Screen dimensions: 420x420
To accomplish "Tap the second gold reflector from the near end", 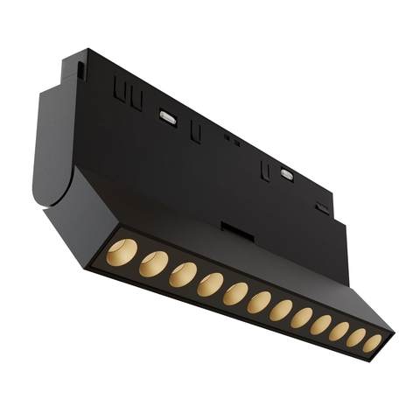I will pyautogui.click(x=154, y=262).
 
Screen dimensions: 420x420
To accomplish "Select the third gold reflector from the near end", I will pyautogui.click(x=183, y=274).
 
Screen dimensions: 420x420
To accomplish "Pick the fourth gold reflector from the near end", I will pyautogui.click(x=210, y=284).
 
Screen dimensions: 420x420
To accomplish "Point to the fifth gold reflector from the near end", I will pyautogui.click(x=235, y=294).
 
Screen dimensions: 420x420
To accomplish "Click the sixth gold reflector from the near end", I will pyautogui.click(x=259, y=303).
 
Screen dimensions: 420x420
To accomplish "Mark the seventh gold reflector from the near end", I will pyautogui.click(x=281, y=311).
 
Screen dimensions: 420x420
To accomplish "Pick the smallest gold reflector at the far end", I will pyautogui.click(x=373, y=344).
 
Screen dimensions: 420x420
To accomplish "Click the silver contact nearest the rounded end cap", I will pyautogui.click(x=167, y=116).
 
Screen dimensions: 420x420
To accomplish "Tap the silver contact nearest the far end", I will pyautogui.click(x=286, y=173).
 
